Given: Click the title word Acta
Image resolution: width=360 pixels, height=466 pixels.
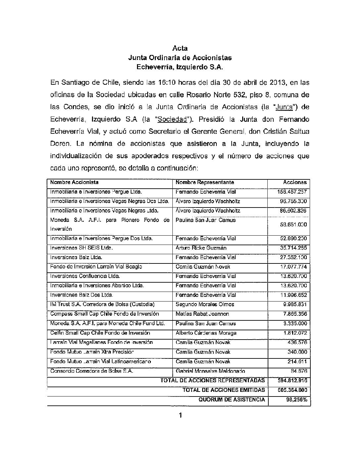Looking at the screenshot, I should (x=180, y=48).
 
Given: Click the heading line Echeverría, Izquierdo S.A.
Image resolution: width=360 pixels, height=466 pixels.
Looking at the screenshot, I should (x=180, y=67).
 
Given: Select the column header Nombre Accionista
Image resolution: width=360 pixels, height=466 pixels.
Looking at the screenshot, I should (x=74, y=182).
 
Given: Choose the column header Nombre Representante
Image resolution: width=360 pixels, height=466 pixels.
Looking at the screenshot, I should (x=205, y=182).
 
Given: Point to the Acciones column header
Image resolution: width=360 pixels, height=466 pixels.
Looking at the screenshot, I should (x=295, y=182).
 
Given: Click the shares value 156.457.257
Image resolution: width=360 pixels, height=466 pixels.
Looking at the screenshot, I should (x=292, y=192).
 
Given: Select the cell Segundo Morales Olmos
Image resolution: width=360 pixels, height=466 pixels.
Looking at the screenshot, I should (x=205, y=304).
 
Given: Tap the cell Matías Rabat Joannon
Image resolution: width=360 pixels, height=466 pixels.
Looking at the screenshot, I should (x=202, y=314).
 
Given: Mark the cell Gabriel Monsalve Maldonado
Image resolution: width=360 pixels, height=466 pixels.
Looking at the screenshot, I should (x=210, y=371).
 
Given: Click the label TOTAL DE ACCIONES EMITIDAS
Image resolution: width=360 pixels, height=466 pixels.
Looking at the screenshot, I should (x=224, y=390).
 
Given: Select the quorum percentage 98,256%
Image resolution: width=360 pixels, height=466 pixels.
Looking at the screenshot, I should (x=296, y=400).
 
